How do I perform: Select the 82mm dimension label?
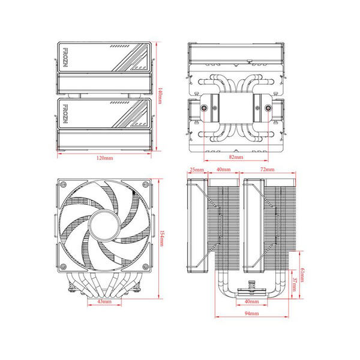235,157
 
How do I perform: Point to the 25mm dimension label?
196,170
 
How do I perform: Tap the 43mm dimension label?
104,302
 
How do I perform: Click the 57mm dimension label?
295,284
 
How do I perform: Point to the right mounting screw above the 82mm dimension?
265,109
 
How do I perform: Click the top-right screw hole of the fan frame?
145,186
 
